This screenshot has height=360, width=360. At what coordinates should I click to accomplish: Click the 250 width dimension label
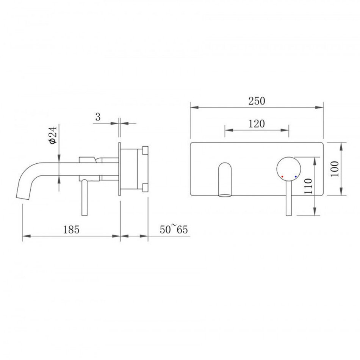point(257,101)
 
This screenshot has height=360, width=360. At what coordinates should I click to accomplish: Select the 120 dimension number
point(257,124)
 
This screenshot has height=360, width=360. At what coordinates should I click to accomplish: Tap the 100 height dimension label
point(335,169)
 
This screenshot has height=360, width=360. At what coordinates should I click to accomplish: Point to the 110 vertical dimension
point(308,186)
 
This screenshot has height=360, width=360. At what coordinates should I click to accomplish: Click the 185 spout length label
point(71,229)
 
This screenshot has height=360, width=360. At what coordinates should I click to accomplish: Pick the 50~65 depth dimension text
point(174,229)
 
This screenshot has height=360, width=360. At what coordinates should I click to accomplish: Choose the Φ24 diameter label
point(53,135)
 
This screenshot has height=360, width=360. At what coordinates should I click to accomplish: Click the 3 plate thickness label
point(98,117)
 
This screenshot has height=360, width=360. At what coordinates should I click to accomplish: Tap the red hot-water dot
point(282,177)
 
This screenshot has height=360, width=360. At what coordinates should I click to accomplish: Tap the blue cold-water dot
point(296,177)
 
